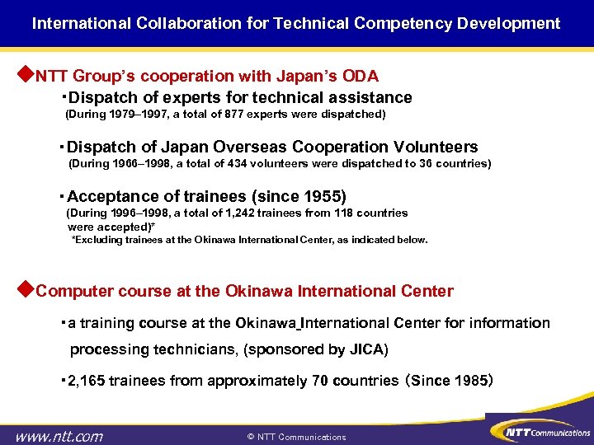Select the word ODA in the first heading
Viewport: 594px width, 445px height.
(361, 77)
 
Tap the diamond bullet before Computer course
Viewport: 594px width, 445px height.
(25, 290)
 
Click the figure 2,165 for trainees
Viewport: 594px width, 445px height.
(87, 381)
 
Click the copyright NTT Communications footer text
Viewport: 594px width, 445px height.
(297, 437)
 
